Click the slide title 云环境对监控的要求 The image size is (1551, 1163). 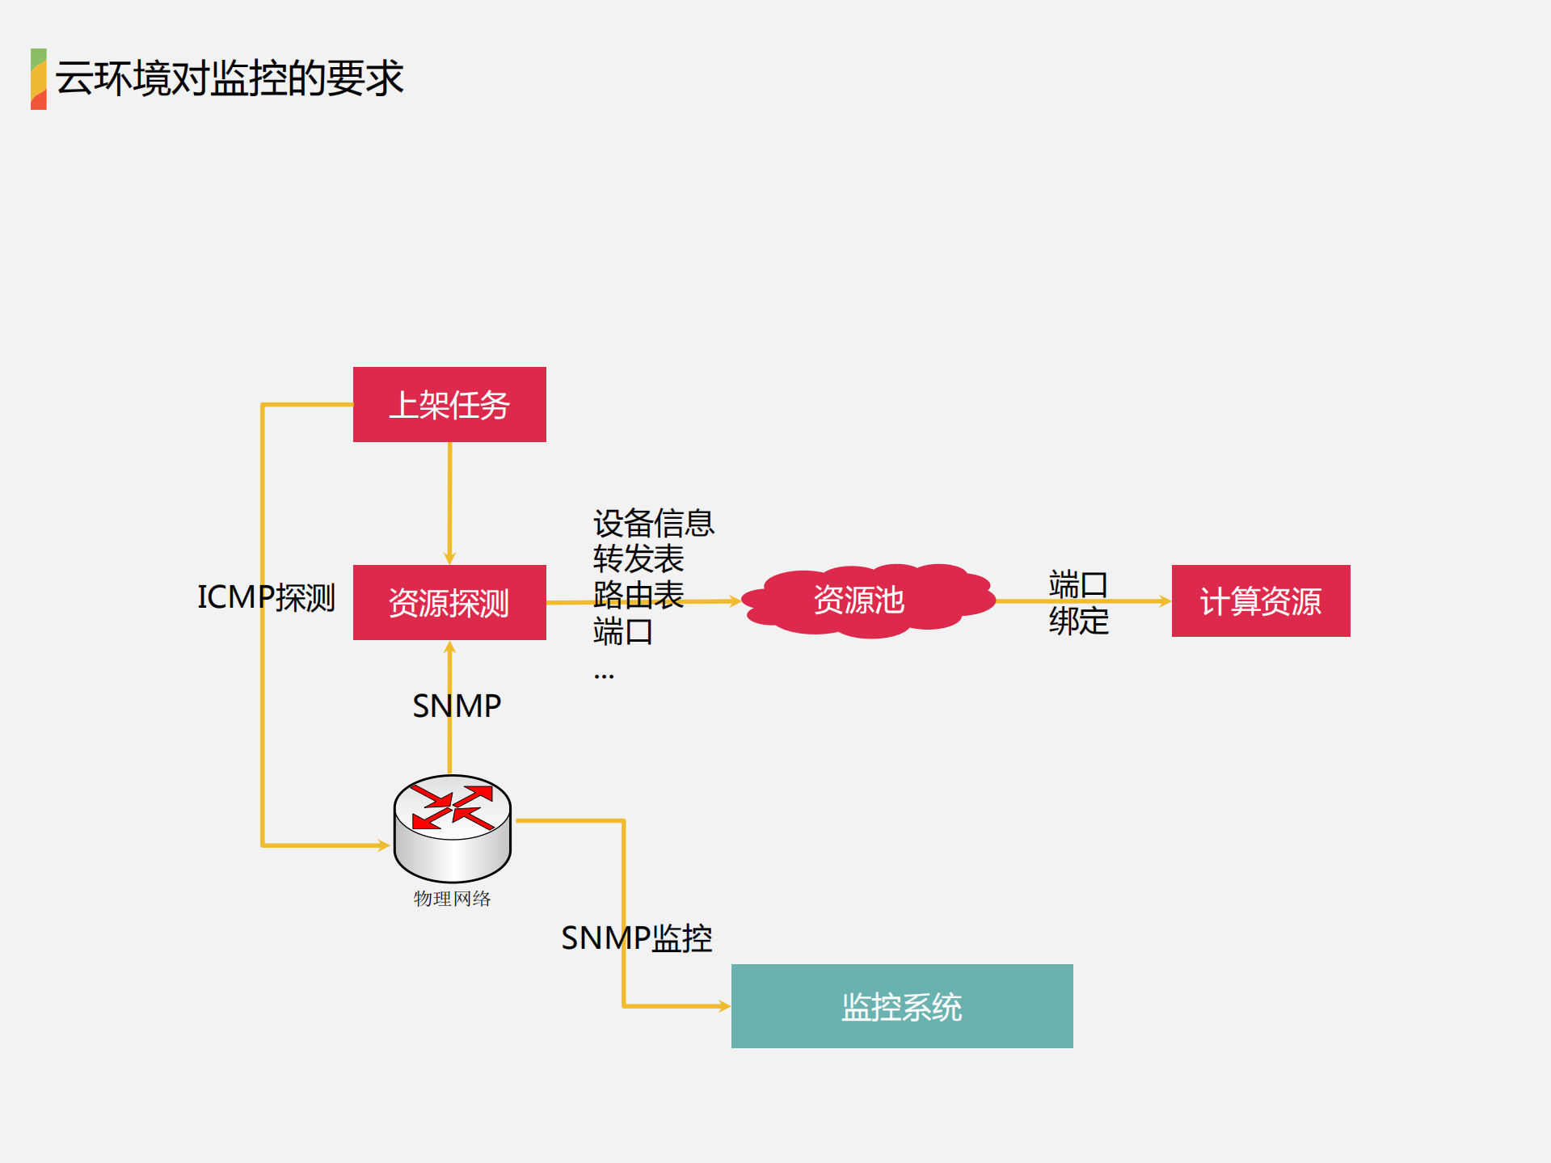(x=229, y=78)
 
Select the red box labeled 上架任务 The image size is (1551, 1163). (x=449, y=404)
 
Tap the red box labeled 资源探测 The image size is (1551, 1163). (x=449, y=602)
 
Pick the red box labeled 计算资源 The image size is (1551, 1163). (x=1260, y=600)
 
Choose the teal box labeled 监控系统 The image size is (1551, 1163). (x=901, y=1006)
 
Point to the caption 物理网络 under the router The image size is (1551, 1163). (x=452, y=899)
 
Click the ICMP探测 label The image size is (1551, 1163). (x=266, y=597)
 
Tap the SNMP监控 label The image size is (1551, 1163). (x=636, y=938)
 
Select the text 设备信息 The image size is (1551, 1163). (x=653, y=523)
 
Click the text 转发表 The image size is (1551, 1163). (x=639, y=558)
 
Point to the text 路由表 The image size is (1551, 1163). (x=639, y=595)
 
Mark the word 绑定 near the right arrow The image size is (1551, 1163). (x=1078, y=621)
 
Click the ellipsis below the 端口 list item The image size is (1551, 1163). (x=604, y=674)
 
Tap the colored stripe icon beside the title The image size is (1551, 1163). (x=38, y=78)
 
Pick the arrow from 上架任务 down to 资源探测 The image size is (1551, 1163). (x=449, y=501)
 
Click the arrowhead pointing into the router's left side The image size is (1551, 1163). (x=383, y=845)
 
